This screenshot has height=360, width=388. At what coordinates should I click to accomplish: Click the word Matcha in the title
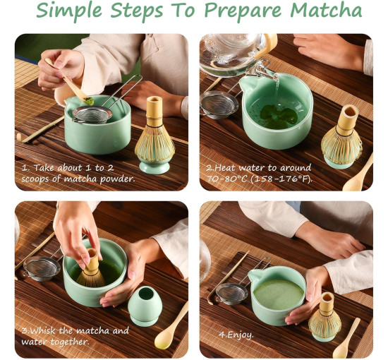pos(326,10)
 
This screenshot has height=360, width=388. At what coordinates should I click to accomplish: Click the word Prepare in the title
pos(243,11)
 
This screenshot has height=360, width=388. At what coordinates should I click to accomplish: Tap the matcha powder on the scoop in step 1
pos(89,101)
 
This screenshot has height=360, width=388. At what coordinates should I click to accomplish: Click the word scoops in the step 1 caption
pos(35,179)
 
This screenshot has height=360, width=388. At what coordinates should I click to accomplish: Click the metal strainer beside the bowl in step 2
pos(219,104)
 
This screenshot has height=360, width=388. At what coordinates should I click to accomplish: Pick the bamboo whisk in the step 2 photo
pos(341,136)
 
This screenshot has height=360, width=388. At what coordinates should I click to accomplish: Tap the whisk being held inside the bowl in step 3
pos(91,269)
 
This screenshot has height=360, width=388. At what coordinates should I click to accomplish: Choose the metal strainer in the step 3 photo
pos(42,268)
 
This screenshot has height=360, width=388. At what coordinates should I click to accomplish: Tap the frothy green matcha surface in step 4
pos(279,294)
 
